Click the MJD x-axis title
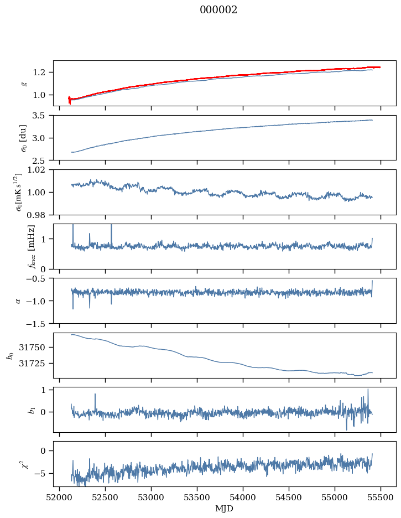click(225, 508)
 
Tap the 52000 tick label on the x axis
click(60, 497)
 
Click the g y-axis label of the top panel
click(24, 83)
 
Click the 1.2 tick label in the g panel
click(43, 72)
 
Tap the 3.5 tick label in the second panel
click(43, 116)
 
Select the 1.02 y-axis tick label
click(40, 170)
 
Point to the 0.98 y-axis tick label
click(40, 214)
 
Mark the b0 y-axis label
click(9, 355)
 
